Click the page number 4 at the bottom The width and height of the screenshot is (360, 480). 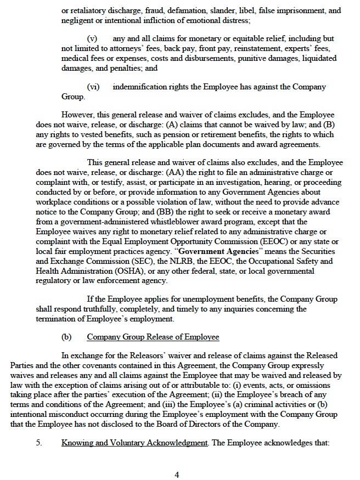coord(177,475)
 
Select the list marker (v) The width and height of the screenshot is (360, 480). coord(92,39)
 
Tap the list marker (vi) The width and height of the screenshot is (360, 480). coord(93,87)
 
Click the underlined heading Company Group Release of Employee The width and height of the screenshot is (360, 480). coord(153,337)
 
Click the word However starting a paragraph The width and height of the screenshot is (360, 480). coord(78,115)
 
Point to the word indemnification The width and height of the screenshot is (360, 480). coord(140,87)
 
